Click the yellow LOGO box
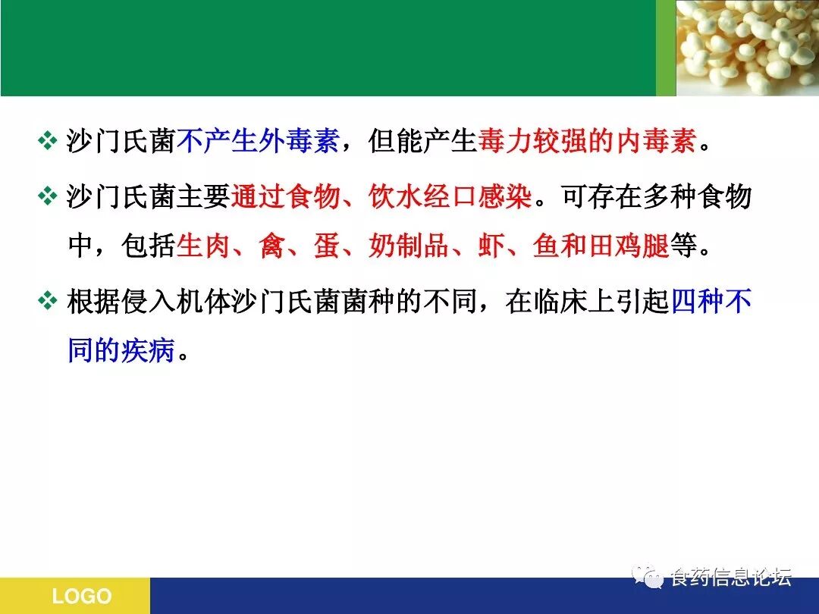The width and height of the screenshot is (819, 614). (x=75, y=596)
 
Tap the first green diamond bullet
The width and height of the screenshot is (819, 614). (x=48, y=140)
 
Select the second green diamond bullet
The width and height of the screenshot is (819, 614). (x=48, y=196)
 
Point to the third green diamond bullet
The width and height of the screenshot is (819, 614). (x=48, y=301)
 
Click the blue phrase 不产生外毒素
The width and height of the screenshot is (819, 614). (x=259, y=140)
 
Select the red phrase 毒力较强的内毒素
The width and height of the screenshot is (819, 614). (x=588, y=140)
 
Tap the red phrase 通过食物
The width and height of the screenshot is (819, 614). (x=285, y=196)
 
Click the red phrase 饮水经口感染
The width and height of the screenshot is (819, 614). (x=450, y=196)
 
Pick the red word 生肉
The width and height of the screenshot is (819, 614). (x=203, y=246)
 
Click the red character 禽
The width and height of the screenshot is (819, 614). (x=271, y=246)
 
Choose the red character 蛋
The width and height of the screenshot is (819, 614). (x=327, y=246)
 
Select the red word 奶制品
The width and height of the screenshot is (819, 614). (x=409, y=246)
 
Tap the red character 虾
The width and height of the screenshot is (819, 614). (x=491, y=246)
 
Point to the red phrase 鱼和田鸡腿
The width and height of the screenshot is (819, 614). (x=601, y=246)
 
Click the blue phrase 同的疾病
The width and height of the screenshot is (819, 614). (x=121, y=349)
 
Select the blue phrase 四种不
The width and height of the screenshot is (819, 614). (x=711, y=301)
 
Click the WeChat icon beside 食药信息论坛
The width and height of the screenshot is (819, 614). (x=648, y=576)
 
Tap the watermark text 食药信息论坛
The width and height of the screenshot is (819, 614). (x=731, y=578)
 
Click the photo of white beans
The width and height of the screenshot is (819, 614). (x=748, y=48)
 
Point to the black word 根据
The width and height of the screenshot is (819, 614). (x=94, y=301)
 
